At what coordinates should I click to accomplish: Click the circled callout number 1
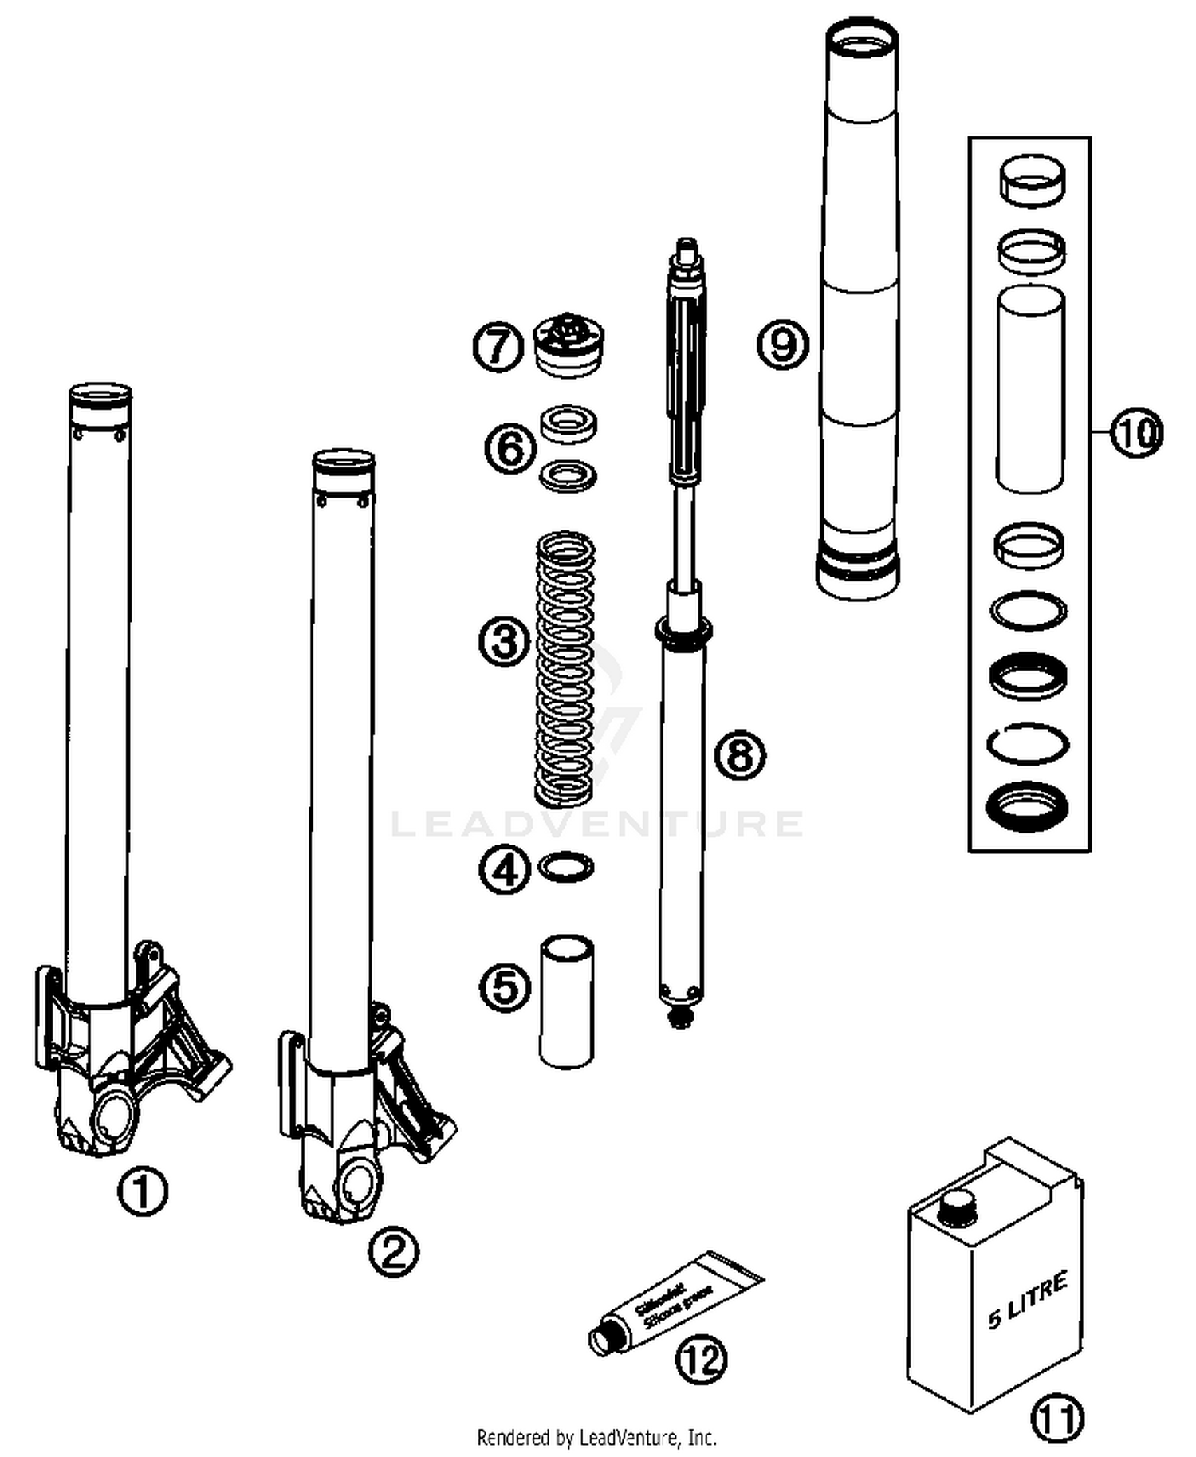point(143,1191)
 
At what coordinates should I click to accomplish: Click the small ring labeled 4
point(566,867)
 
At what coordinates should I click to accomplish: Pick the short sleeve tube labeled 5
point(566,1001)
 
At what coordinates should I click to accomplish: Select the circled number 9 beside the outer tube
point(782,345)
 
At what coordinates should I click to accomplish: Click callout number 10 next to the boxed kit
point(1136,433)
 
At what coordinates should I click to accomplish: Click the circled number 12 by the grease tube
point(701,1360)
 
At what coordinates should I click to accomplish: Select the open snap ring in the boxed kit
point(1028,742)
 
